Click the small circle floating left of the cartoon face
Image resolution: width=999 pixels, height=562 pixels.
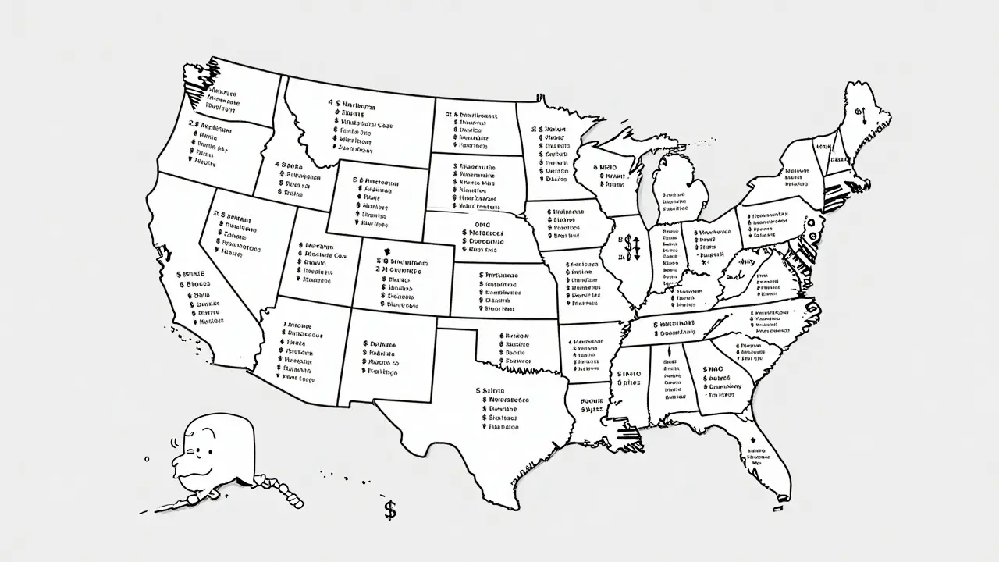[147, 459]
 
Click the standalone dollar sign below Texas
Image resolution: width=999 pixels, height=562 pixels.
[390, 510]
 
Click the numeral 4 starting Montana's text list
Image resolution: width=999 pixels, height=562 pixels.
[330, 102]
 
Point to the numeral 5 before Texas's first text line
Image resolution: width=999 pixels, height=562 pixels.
[478, 390]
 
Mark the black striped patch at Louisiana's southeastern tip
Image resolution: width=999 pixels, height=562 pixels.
[627, 435]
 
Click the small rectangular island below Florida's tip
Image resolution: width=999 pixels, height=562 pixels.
[778, 509]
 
